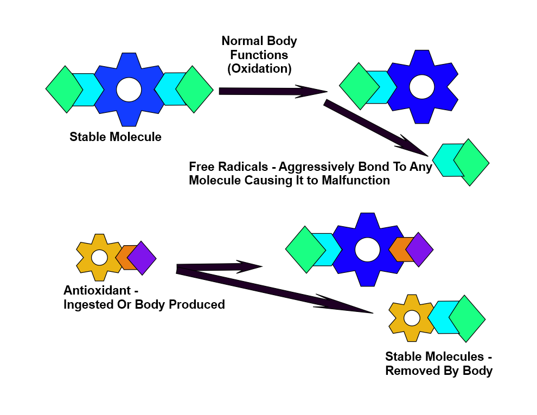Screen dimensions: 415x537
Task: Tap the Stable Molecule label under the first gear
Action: (116, 137)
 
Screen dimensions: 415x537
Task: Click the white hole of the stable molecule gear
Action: (129, 90)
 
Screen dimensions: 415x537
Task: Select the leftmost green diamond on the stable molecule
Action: (65, 90)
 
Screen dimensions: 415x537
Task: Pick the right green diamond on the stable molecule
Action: (194, 90)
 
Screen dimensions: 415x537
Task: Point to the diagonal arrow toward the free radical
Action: (374, 128)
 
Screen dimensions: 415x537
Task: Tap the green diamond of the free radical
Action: (471, 162)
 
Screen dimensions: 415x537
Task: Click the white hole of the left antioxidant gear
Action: (99, 257)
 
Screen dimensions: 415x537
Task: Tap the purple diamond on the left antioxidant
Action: (142, 258)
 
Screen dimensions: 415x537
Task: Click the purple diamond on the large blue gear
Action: (419, 250)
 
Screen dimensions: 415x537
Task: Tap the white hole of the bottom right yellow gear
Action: (412, 318)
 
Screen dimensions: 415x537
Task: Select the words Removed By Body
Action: (439, 371)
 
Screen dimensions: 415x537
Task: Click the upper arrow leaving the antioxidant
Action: (220, 267)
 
